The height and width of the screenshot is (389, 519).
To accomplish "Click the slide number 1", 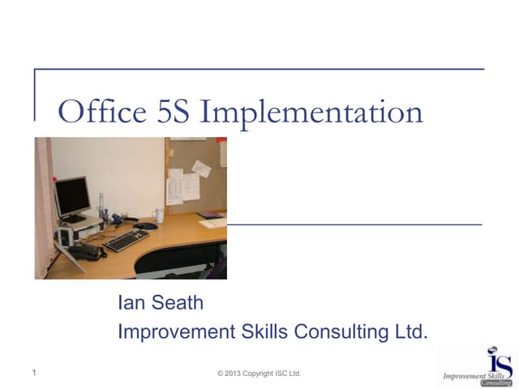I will coord(35,373).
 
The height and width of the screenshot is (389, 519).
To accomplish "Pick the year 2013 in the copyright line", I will coord(238,373).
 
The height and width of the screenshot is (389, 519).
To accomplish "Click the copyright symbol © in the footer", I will coord(221,373).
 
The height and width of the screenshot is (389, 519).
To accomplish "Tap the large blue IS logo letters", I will coord(500,361).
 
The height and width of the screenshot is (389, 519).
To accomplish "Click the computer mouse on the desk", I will coord(146,226).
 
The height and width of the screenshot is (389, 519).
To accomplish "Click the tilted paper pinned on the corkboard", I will coord(201,168).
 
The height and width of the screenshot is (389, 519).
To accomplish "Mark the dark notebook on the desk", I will coord(209,216).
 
